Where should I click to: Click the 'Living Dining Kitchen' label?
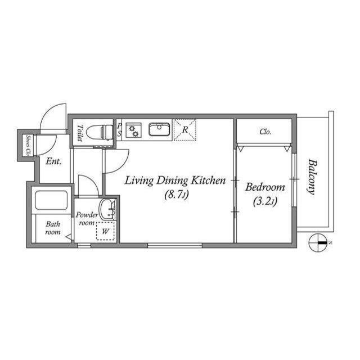(175, 181)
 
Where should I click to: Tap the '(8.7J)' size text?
(176, 196)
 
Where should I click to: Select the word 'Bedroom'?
(265, 187)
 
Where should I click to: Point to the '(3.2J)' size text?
(265, 201)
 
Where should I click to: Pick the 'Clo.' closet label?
(265, 132)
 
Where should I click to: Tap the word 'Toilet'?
(80, 133)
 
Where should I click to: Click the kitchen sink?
(160, 130)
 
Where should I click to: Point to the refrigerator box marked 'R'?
(184, 130)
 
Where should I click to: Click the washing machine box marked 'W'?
(105, 231)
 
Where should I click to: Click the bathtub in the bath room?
(51, 201)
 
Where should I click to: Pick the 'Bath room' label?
(53, 228)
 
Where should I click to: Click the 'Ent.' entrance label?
(53, 161)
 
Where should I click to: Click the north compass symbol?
(318, 242)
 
